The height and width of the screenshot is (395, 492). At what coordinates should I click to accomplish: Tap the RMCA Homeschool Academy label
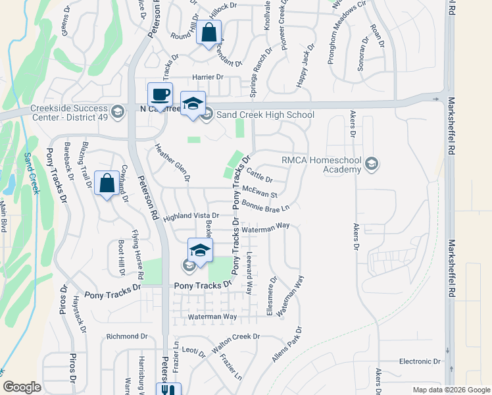coord(322,165)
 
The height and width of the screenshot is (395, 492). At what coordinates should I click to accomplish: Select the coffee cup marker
coord(160,94)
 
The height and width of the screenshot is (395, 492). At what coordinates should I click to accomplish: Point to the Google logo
coord(22,387)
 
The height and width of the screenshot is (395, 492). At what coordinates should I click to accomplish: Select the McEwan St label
coord(260,192)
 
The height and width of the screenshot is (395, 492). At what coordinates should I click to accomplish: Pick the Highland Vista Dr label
coord(191,215)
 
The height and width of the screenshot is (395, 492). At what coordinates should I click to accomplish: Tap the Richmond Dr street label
coord(127,336)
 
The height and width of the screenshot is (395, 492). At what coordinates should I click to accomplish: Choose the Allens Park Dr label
coord(287,344)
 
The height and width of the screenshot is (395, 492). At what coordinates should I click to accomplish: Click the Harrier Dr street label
coord(208,77)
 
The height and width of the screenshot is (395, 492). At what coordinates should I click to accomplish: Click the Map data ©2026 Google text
coord(450,390)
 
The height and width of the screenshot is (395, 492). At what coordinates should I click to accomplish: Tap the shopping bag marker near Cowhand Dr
coord(107,183)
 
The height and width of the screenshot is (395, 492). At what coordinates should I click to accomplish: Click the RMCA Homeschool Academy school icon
coord(372,163)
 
